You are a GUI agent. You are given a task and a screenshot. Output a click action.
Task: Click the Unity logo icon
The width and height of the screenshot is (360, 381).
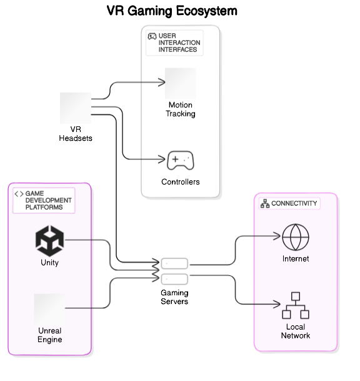(49, 240)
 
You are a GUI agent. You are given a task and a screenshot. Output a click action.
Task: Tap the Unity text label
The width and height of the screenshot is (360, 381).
(49, 263)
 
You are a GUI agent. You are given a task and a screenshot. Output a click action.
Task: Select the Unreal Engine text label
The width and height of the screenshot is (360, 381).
(49, 335)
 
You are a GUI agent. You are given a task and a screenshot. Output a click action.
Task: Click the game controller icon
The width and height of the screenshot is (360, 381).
(180, 161)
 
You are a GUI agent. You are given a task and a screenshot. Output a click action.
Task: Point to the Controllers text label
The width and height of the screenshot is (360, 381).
(180, 182)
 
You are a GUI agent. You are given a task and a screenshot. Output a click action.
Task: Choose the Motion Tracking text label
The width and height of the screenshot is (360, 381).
(180, 109)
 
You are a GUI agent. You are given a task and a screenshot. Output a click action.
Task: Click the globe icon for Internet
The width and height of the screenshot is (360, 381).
(296, 236)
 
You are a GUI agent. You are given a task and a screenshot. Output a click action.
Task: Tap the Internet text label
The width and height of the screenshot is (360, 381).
(296, 259)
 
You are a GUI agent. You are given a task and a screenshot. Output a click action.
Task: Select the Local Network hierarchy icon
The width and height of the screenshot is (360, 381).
(296, 305)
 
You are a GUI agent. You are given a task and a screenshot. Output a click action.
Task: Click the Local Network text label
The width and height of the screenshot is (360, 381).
(296, 332)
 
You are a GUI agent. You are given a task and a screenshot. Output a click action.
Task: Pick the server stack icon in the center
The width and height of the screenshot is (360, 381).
(174, 271)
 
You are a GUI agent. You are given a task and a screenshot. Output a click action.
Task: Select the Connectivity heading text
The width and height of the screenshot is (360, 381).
(294, 203)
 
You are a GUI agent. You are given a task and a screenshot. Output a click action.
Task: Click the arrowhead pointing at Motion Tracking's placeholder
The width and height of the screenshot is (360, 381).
(161, 82)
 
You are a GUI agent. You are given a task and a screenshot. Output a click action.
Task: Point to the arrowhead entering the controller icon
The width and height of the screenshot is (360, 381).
(161, 160)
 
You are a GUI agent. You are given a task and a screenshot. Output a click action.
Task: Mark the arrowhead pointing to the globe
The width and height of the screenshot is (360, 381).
(277, 236)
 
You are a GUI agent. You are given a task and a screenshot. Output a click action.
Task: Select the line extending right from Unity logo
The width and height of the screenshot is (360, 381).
(79, 240)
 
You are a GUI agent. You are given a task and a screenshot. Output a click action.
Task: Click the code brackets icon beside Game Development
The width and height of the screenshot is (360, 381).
(19, 194)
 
